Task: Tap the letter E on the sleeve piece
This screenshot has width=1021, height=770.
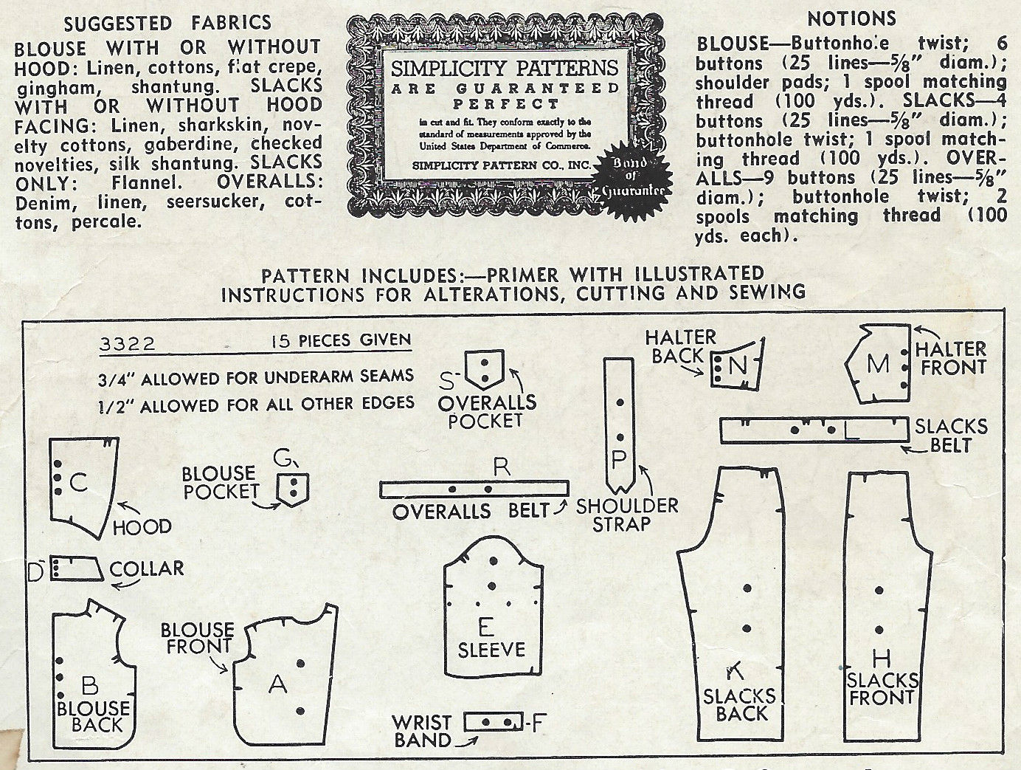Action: (x=485, y=628)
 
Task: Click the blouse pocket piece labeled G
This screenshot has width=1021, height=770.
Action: (x=294, y=488)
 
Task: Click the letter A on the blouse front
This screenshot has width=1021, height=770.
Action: (x=277, y=685)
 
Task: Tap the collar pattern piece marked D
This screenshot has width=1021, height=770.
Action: (x=76, y=568)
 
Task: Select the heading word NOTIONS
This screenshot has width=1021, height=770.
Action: (x=851, y=18)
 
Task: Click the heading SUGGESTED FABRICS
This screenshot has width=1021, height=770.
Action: (x=167, y=24)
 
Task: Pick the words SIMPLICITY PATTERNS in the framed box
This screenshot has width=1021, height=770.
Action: (x=504, y=68)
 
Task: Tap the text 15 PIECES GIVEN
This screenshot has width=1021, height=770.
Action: (x=341, y=340)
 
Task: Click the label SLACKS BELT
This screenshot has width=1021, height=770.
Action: (x=950, y=435)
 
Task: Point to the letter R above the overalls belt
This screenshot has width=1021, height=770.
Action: (x=502, y=467)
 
